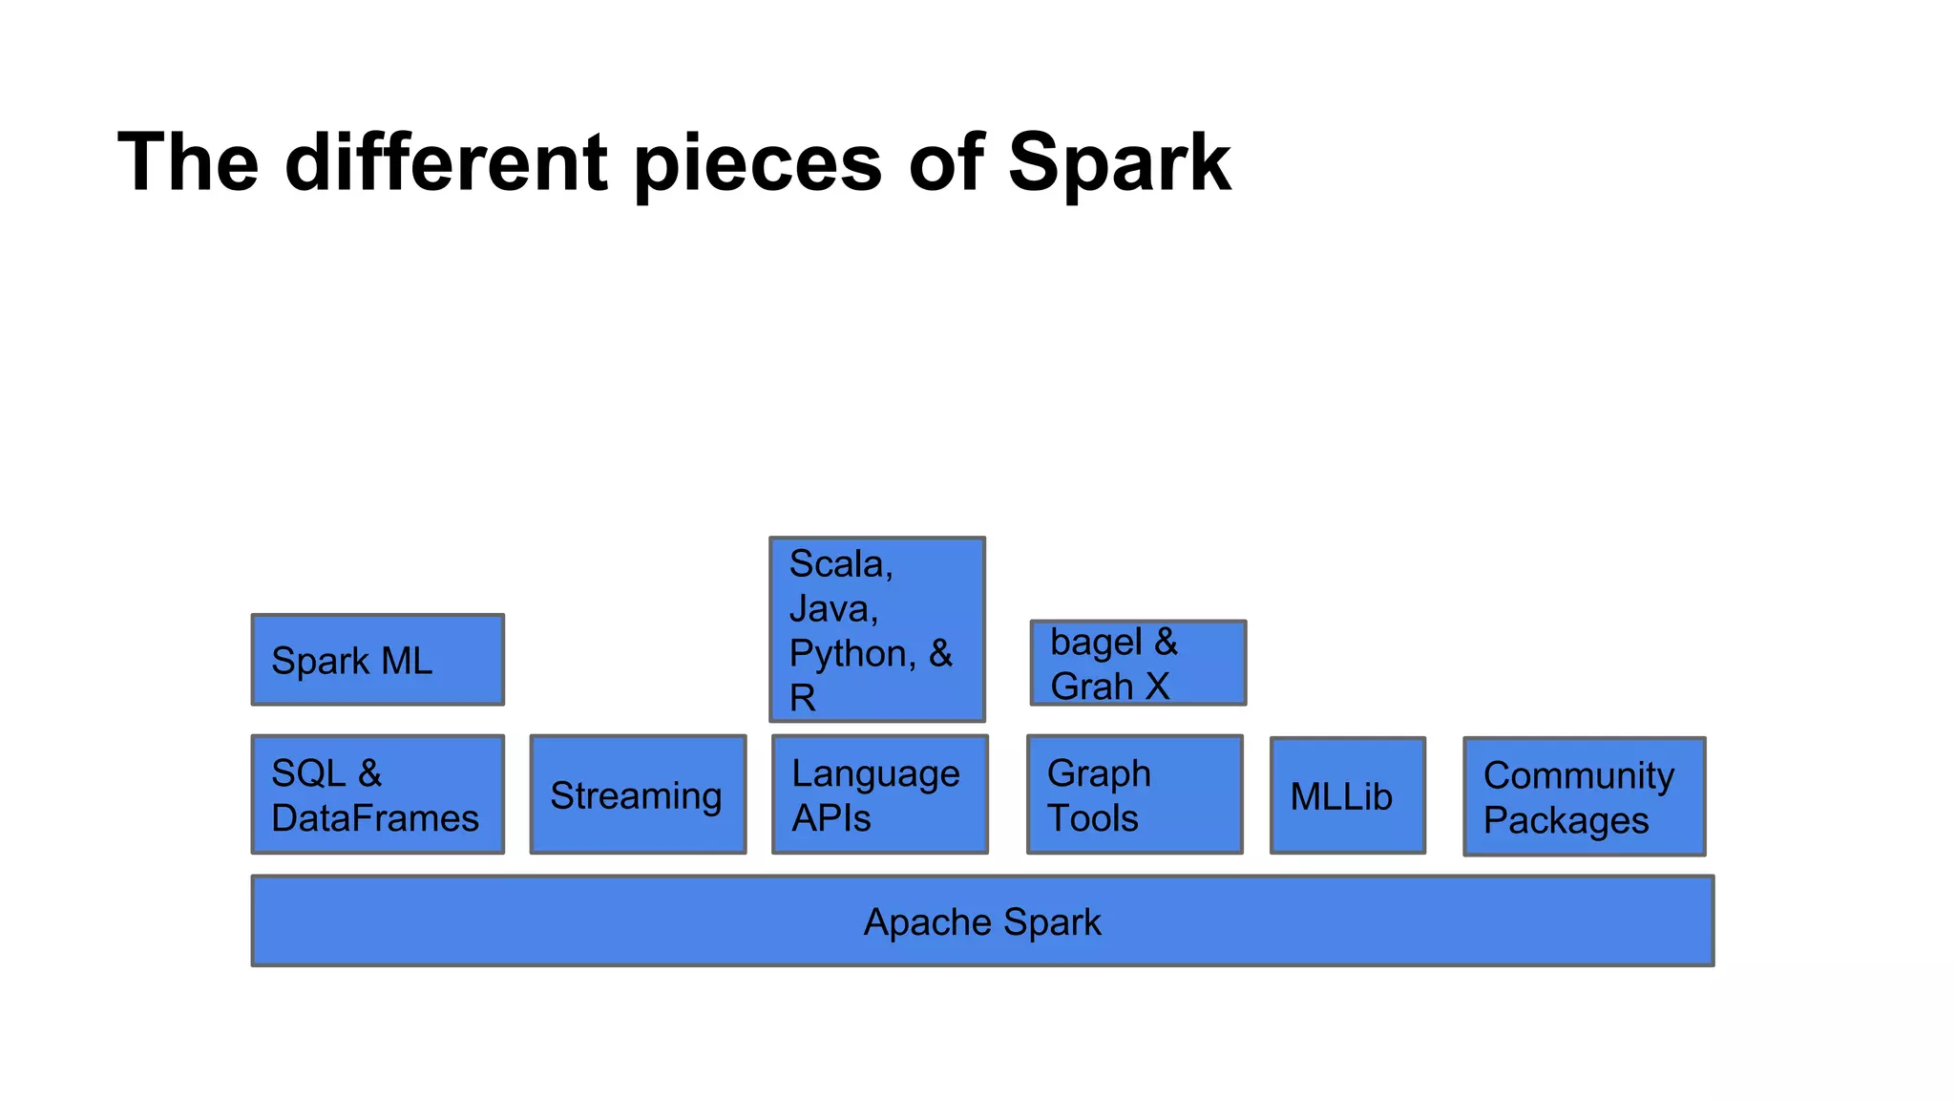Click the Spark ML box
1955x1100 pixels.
[x=377, y=660]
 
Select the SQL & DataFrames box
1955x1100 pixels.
[x=377, y=794]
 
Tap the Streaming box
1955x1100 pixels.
[x=638, y=794]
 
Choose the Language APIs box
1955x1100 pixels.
[x=879, y=794]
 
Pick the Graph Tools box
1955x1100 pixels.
[x=1135, y=794]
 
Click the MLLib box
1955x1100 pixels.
[x=1347, y=795]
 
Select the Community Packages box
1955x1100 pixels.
[x=1584, y=796]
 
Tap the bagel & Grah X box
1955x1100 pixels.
[x=1138, y=663]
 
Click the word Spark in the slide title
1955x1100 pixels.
[x=1119, y=162]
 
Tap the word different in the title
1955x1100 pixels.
[x=446, y=162]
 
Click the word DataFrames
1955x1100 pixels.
[x=375, y=818]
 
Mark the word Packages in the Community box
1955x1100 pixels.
[x=1566, y=821]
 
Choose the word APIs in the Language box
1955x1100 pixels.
[x=830, y=818]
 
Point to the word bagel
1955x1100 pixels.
[x=1096, y=643]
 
